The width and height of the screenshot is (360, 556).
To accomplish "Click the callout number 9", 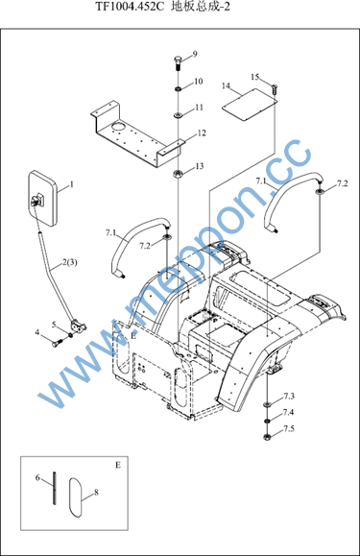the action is tap(195, 54).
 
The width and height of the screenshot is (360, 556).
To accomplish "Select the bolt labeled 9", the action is tap(178, 62).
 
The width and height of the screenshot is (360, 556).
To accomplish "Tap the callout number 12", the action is tap(202, 133).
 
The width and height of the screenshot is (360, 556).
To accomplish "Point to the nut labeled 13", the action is tap(178, 174).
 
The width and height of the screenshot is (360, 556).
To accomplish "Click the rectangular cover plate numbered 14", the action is tap(250, 104).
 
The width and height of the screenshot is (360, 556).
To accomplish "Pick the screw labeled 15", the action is tap(275, 88).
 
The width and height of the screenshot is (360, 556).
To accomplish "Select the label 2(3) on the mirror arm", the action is tap(70, 263).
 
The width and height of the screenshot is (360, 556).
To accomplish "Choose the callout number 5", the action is tap(54, 325).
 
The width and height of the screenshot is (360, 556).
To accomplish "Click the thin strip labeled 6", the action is tap(54, 488).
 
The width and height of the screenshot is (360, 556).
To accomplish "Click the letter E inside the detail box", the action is tap(118, 465).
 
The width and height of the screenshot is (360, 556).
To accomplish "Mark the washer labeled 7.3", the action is tap(267, 404).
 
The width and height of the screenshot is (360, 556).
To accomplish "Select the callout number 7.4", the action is tap(288, 412).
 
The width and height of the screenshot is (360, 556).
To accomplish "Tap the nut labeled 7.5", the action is tap(268, 437).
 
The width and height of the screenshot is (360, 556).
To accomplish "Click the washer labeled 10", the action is tap(179, 88).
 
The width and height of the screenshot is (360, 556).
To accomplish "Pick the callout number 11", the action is tap(199, 108).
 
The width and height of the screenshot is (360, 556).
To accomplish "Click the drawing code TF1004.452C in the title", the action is tap(130, 6).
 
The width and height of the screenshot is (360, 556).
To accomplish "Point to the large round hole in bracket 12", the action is tap(118, 127).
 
